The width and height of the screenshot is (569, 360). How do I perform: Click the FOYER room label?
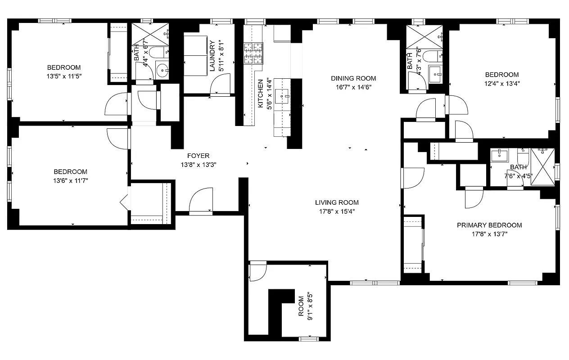click(195, 156)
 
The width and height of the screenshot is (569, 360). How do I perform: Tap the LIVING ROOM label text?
click(337, 202)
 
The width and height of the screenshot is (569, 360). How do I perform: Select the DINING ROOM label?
click(353, 78)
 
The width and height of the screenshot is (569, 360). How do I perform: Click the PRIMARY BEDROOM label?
click(489, 225)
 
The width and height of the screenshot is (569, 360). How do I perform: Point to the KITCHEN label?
click(260, 94)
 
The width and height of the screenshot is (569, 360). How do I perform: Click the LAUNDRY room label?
click(212, 56)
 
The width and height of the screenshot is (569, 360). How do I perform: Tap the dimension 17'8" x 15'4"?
click(337, 211)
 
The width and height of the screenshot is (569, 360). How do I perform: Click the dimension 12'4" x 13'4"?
click(501, 83)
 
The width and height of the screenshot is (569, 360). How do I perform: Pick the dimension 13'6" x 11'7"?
click(70, 180)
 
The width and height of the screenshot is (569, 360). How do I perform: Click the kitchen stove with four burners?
click(253, 53)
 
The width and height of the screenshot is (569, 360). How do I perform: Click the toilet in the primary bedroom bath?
click(523, 157)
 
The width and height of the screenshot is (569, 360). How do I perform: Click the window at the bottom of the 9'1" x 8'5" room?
click(309, 338)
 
